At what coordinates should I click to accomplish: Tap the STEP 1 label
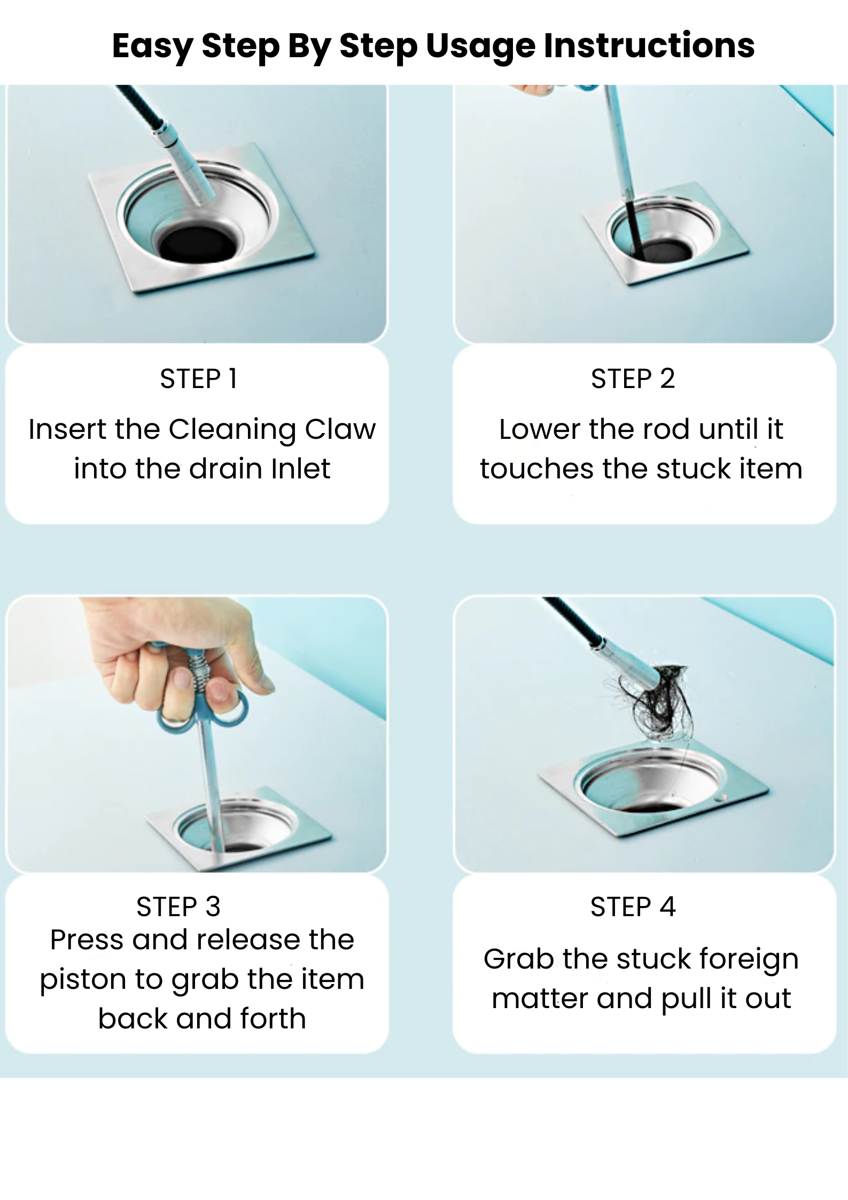(x=198, y=379)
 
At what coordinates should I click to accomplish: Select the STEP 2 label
(x=633, y=379)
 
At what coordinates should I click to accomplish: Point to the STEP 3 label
(x=178, y=907)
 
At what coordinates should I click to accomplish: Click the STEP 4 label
(x=633, y=907)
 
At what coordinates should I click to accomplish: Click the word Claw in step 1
(x=340, y=429)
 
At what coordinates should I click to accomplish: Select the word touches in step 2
(x=536, y=469)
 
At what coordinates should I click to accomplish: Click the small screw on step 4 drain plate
(x=718, y=798)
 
